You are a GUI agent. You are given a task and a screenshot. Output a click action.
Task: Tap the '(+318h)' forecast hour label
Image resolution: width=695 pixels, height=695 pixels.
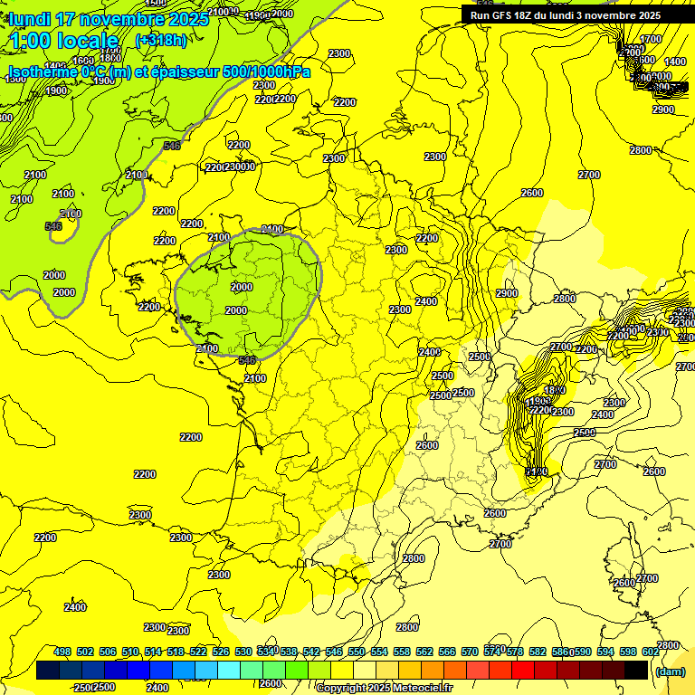161,40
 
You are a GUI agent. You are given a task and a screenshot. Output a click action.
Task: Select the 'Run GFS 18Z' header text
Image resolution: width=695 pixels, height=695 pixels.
507,15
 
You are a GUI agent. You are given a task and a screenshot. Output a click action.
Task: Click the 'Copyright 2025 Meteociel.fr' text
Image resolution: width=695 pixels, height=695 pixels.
384,689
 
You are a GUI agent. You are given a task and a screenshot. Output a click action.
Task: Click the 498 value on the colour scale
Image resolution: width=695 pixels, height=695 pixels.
62,652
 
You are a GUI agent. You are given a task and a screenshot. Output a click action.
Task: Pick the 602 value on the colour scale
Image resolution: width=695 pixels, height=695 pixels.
651,652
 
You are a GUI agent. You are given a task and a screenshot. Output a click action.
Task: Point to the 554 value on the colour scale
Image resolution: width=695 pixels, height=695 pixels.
379,652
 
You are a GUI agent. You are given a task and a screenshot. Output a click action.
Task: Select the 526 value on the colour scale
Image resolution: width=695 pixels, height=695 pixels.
221,652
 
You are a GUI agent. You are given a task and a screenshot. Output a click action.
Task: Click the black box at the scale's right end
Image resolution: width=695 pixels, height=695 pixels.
636,671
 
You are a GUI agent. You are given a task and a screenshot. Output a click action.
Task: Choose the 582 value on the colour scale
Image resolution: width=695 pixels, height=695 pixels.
538,652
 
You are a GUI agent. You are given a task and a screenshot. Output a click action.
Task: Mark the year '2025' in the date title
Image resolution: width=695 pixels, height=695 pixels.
186,19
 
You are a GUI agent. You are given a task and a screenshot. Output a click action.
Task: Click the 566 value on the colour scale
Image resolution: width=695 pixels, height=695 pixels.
447,652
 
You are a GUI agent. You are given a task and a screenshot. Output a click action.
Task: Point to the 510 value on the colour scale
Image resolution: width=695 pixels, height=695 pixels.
130,652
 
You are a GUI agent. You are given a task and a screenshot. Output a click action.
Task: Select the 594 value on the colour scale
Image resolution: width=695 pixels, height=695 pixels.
605,652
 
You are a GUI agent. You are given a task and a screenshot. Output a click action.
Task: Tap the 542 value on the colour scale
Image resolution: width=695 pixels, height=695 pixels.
311,652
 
